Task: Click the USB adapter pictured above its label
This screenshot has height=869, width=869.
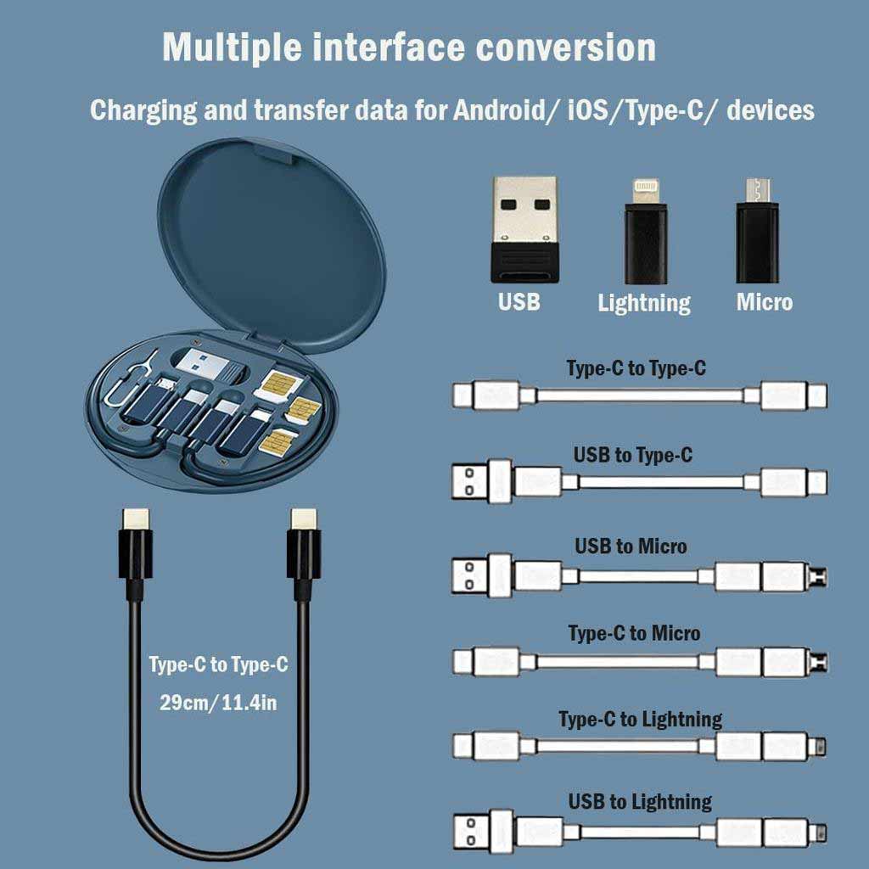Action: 525,229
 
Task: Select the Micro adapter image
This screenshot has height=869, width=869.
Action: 757,231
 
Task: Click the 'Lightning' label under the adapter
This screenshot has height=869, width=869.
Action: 644,303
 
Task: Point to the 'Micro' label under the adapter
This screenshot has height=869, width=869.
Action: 764,302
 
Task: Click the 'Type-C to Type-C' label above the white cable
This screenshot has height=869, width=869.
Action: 636,368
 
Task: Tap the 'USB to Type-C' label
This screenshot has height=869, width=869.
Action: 632,456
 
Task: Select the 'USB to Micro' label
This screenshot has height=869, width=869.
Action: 631,546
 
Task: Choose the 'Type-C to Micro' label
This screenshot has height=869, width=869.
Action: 634,633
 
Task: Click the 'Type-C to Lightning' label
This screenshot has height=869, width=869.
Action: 640,720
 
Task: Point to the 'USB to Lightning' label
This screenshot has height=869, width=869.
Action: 640,801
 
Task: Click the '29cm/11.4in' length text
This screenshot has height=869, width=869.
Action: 218,704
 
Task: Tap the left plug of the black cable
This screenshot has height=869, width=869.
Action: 135,552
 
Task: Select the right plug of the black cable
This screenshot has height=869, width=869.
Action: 303,552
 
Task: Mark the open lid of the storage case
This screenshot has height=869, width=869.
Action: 272,246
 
